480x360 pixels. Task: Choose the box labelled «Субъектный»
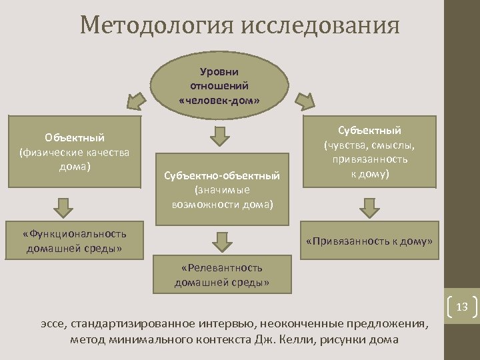370,151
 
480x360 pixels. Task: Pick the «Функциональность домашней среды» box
75,241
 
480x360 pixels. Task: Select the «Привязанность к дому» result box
369,241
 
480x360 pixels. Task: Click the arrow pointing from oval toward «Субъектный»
305,100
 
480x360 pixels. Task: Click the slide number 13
461,307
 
